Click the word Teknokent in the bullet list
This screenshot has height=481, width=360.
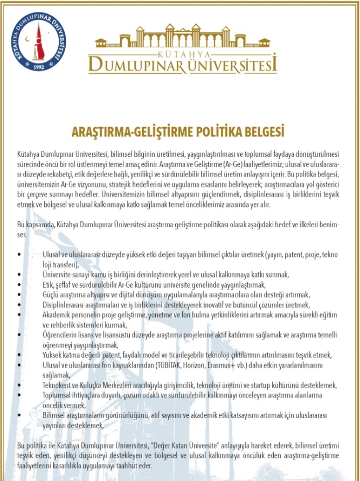coord(58,385)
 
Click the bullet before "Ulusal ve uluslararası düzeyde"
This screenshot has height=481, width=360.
coord(20,253)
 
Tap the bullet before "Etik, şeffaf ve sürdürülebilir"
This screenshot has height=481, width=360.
coord(20,284)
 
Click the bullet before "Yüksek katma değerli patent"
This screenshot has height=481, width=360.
coord(20,355)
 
